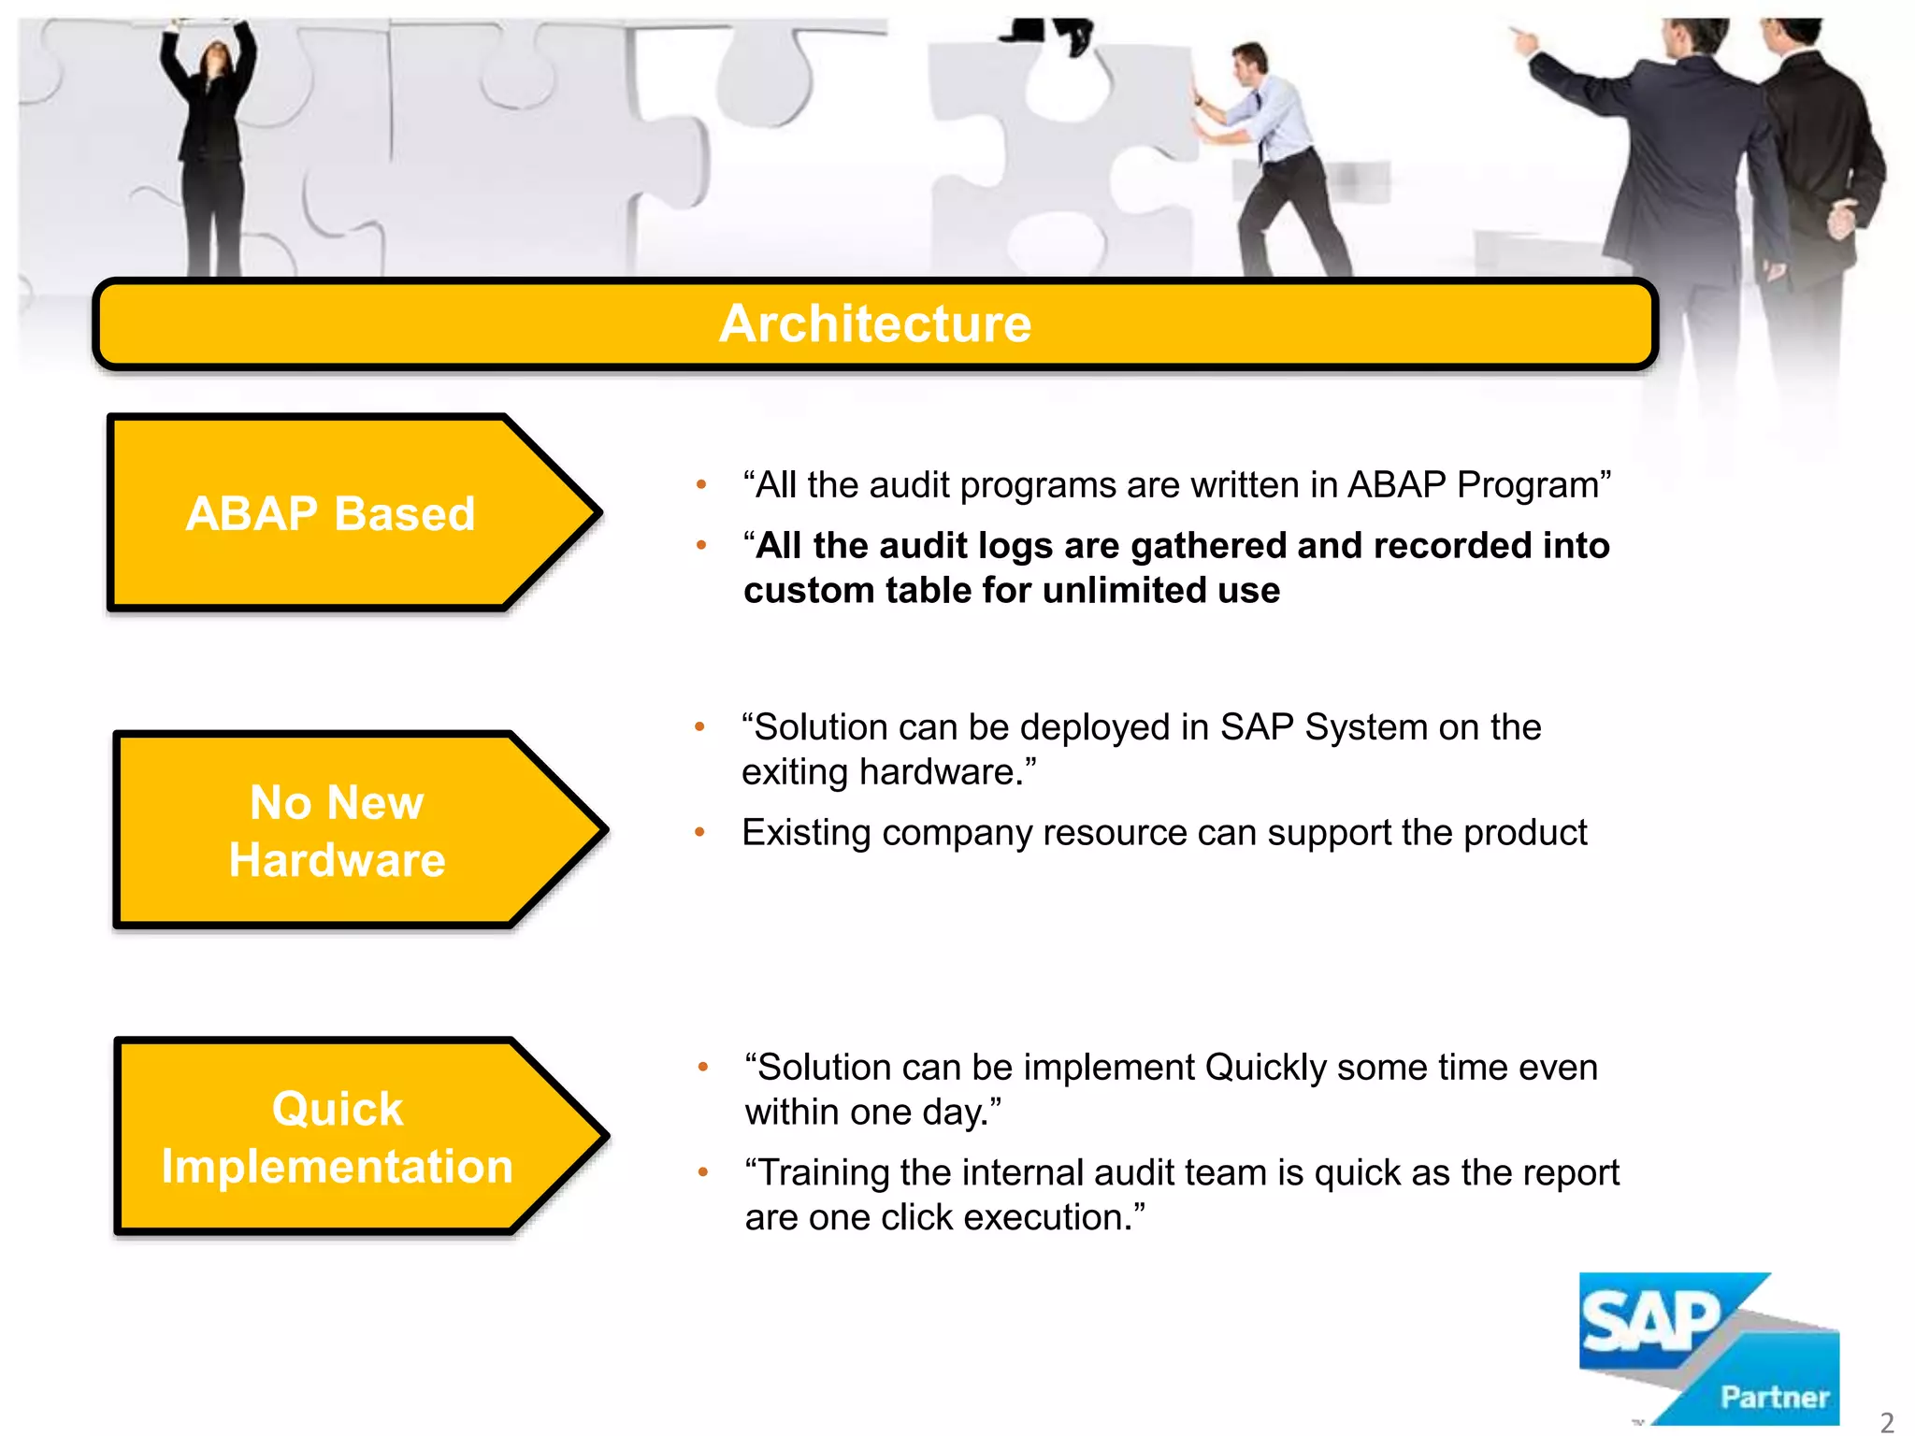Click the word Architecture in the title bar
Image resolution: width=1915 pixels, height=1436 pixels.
pos(874,323)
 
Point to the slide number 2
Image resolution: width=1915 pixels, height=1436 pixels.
pos(1886,1421)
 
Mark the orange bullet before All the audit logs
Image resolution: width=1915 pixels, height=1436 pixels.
pos(701,545)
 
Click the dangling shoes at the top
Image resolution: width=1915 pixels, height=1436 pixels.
pos(1052,33)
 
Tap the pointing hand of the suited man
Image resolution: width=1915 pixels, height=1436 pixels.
pos(1524,39)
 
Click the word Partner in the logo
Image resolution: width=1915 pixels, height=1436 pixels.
pos(1774,1397)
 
